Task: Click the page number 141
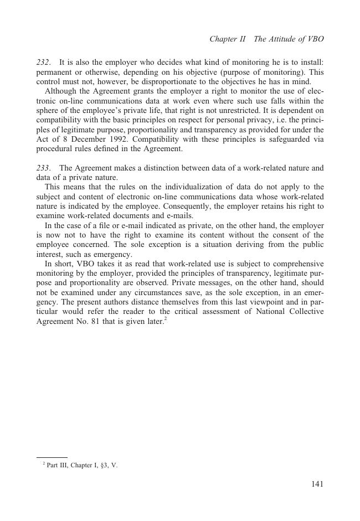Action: [317, 484]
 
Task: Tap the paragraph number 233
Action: [43, 168]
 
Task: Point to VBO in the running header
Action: [315, 39]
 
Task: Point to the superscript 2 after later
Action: [165, 318]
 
